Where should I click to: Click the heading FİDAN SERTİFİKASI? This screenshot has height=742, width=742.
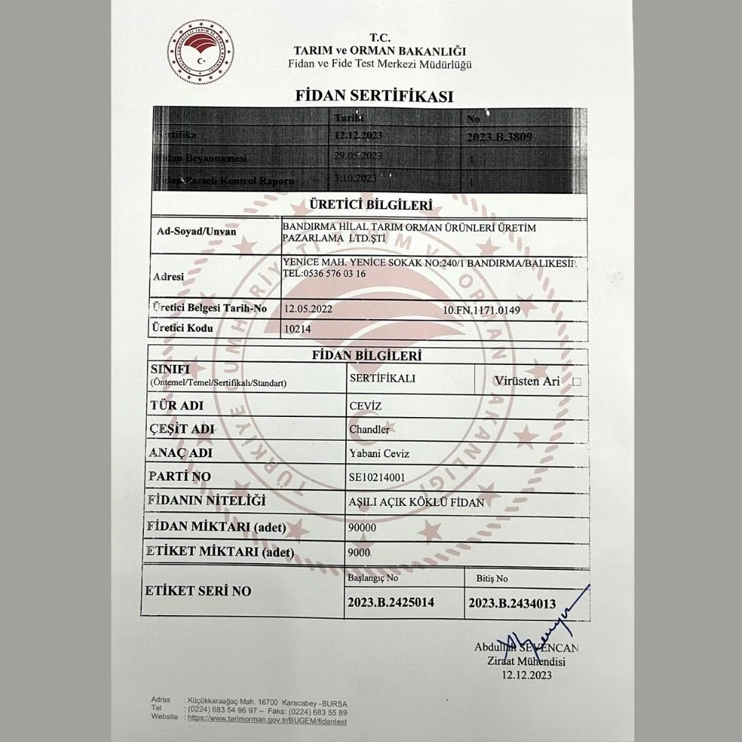(374, 96)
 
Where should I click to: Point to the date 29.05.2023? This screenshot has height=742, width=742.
(358, 156)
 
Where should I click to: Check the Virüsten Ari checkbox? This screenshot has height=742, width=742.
(577, 381)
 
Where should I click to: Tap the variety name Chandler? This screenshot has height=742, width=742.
(369, 430)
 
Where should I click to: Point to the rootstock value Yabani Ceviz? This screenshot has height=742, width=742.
(378, 453)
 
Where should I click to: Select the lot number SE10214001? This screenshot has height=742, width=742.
(378, 476)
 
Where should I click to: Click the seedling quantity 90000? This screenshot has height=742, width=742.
(362, 527)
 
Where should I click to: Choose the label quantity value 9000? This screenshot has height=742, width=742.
(359, 552)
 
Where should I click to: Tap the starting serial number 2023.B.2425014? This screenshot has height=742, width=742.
(390, 603)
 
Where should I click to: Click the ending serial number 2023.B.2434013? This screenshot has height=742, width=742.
(512, 604)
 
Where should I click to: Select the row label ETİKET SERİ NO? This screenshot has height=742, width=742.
(198, 591)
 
